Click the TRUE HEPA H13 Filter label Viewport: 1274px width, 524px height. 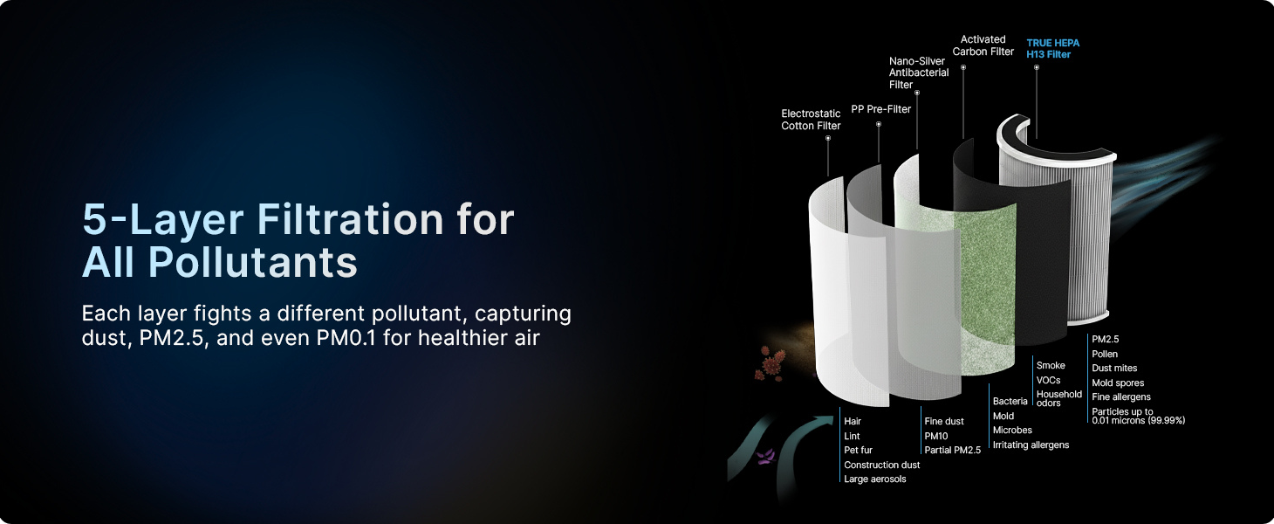coord(1052,48)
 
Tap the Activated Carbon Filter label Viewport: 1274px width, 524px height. coord(983,45)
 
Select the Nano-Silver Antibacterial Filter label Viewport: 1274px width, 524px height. coord(919,72)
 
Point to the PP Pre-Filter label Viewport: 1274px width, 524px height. coord(881,109)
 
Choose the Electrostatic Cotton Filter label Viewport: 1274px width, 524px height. coord(811,120)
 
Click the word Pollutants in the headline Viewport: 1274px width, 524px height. coord(252,262)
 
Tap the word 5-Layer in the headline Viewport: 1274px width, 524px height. coord(163,219)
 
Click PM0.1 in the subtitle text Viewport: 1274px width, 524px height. coord(346,338)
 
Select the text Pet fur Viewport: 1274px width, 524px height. coord(858,450)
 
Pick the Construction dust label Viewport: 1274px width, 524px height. coord(881,465)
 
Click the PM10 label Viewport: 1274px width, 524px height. coord(935,437)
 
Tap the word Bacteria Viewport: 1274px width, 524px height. coord(1010,401)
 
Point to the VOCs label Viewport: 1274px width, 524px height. coord(1048,380)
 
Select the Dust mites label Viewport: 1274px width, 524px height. coord(1114,368)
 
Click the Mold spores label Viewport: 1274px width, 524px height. coord(1118,383)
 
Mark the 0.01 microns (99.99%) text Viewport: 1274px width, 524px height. coord(1138,421)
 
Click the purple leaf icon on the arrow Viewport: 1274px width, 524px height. coord(766,456)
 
